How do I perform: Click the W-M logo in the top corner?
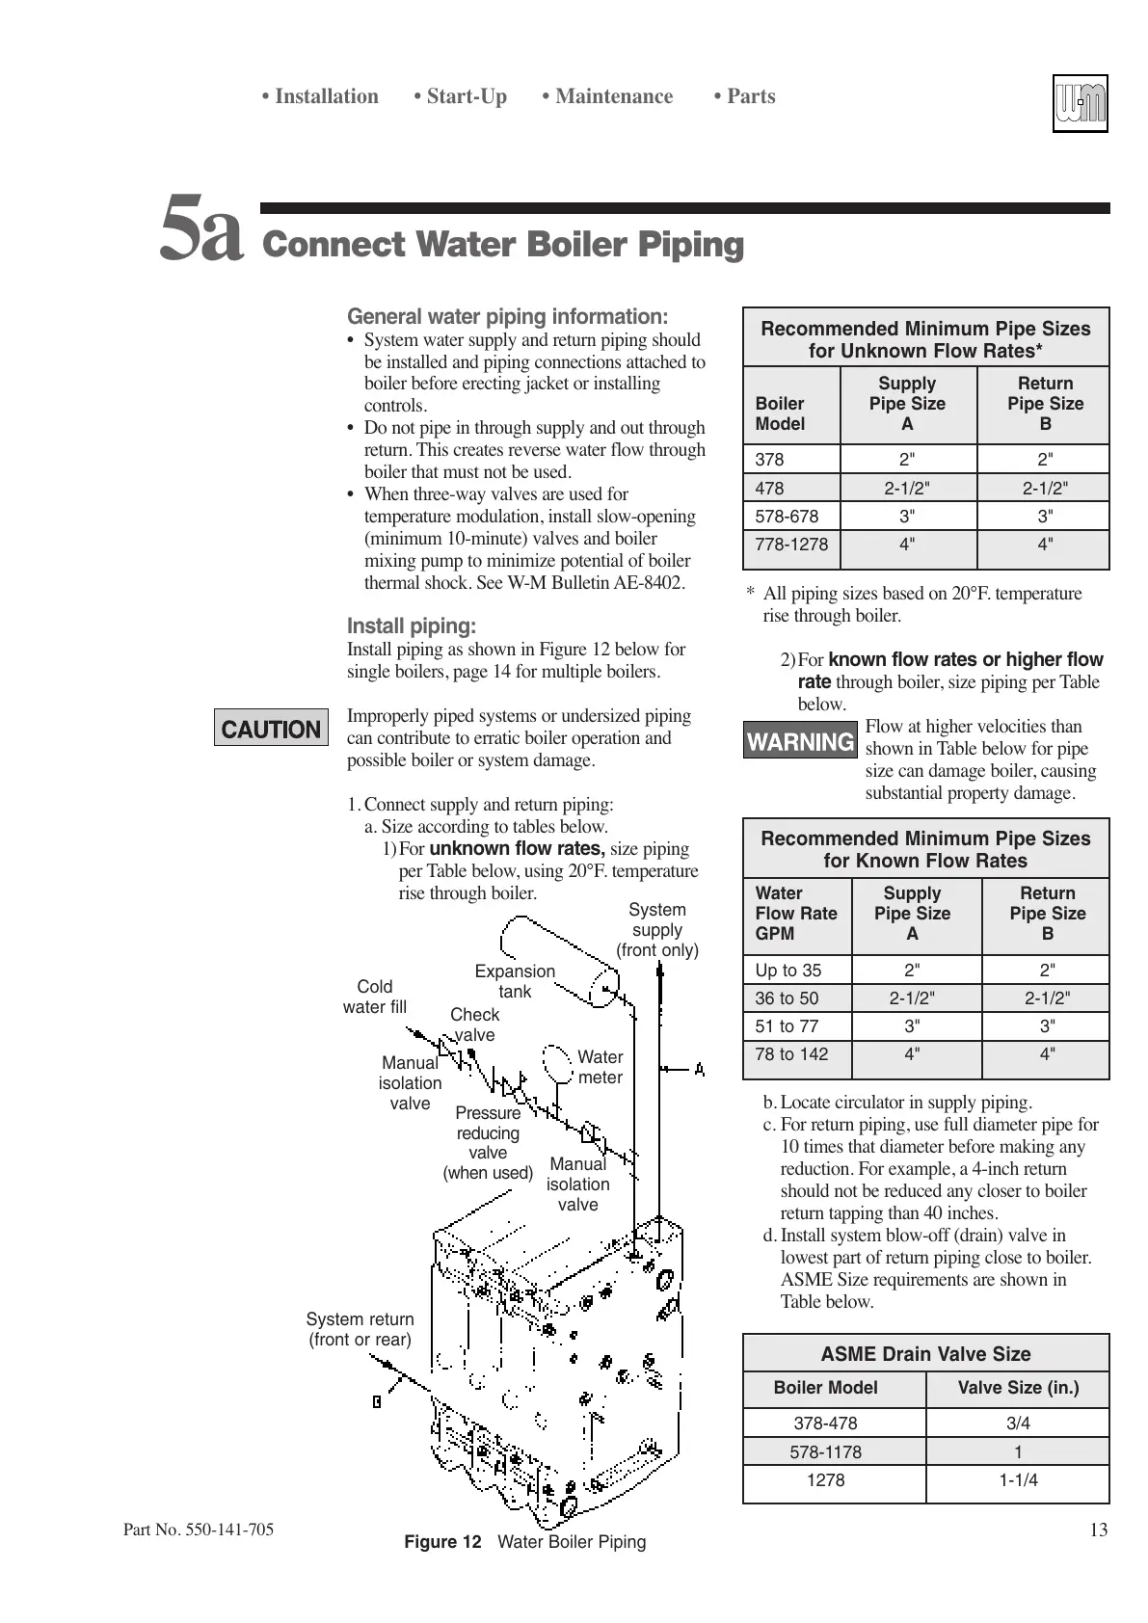[1080, 103]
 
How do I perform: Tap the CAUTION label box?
[271, 729]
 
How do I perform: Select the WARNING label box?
[800, 741]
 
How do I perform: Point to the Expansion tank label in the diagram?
[515, 981]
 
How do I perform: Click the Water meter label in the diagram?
[600, 1067]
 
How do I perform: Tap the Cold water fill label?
[375, 997]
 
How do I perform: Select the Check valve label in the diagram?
[474, 1024]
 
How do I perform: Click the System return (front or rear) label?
[360, 1329]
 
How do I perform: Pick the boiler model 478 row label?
[770, 488]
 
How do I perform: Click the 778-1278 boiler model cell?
[791, 545]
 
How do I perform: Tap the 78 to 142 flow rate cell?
[791, 1054]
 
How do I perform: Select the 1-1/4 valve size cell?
[1018, 1480]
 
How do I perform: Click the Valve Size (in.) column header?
[1018, 1388]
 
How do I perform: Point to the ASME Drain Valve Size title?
[925, 1354]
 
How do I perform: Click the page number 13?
[1099, 1530]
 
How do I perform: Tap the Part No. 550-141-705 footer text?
[199, 1530]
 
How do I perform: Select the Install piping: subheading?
[412, 626]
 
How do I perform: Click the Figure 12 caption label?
[442, 1542]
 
